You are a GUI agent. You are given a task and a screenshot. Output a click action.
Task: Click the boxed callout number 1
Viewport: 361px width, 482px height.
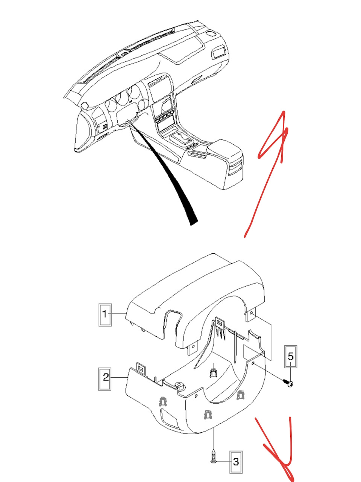coord(105,315)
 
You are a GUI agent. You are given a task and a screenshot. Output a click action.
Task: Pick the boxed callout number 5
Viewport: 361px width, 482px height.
coord(291,357)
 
